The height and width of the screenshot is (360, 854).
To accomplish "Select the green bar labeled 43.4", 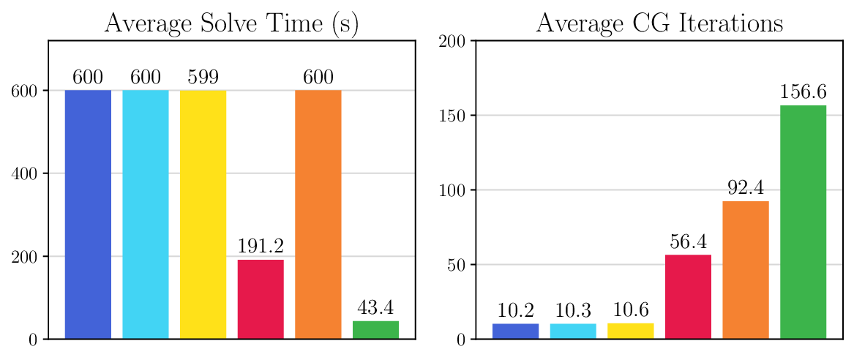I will pyautogui.click(x=375, y=330).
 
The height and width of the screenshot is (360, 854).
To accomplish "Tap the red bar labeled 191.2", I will pyautogui.click(x=261, y=299).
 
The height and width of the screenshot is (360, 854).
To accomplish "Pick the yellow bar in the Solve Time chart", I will pyautogui.click(x=203, y=214).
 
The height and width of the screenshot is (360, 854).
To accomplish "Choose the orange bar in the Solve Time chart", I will pyautogui.click(x=318, y=214).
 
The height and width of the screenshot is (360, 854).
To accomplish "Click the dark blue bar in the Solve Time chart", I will pyautogui.click(x=88, y=214).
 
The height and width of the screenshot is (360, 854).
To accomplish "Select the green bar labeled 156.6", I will pyautogui.click(x=803, y=222).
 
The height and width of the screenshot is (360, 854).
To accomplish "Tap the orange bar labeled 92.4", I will pyautogui.click(x=746, y=270).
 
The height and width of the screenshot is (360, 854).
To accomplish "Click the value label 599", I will pyautogui.click(x=203, y=78).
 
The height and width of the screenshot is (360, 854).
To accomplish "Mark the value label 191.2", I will pyautogui.click(x=261, y=247).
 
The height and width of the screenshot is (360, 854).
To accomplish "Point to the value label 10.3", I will pyautogui.click(x=573, y=310).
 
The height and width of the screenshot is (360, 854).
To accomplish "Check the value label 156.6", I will pyautogui.click(x=803, y=92).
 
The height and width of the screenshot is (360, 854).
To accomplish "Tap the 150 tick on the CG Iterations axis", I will pyautogui.click(x=454, y=116).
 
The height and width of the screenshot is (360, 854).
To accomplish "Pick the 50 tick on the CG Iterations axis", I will pyautogui.click(x=457, y=265).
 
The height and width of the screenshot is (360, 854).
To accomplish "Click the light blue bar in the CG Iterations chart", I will pyautogui.click(x=573, y=331).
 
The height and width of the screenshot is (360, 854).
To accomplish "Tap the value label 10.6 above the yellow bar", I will pyautogui.click(x=630, y=310).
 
